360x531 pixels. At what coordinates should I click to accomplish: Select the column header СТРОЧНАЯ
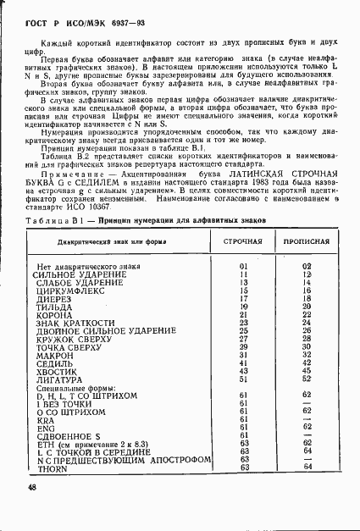[243, 241]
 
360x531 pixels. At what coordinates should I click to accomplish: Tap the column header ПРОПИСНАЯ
[307, 241]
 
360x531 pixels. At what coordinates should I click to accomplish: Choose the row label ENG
[45, 427]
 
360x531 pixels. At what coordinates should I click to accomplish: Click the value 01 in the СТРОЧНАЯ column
[243, 267]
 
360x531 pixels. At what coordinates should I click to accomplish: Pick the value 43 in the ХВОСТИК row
[243, 370]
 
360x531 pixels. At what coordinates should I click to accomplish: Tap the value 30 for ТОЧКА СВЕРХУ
[307, 346]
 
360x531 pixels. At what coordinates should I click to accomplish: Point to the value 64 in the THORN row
[307, 466]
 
